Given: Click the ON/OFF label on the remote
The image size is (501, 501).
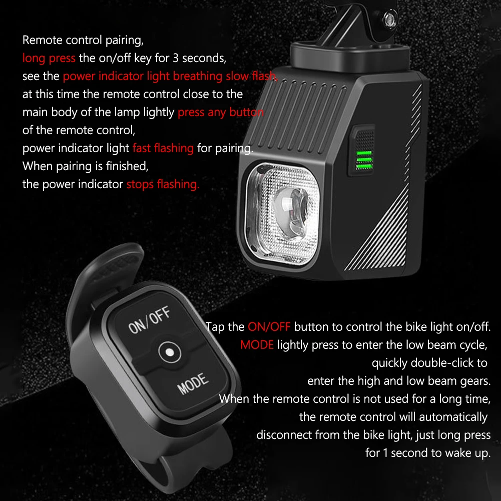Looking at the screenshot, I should pyautogui.click(x=149, y=321).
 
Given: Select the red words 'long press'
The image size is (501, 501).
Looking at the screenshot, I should pyautogui.click(x=49, y=58).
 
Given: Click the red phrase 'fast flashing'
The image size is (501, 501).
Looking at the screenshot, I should pyautogui.click(x=163, y=148).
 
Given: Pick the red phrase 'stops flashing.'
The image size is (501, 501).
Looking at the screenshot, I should pyautogui.click(x=163, y=184).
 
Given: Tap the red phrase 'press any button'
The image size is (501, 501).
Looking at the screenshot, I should pyautogui.click(x=220, y=112).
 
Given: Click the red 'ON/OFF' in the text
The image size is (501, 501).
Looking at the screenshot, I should pyautogui.click(x=269, y=327).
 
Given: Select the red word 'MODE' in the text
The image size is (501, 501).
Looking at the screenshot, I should pyautogui.click(x=257, y=345).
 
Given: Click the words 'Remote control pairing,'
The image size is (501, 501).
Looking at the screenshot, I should pyautogui.click(x=83, y=40).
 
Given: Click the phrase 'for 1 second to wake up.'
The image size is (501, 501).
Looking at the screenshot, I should pyautogui.click(x=428, y=453).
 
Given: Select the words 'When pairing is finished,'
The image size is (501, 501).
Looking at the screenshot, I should pyautogui.click(x=86, y=166).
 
